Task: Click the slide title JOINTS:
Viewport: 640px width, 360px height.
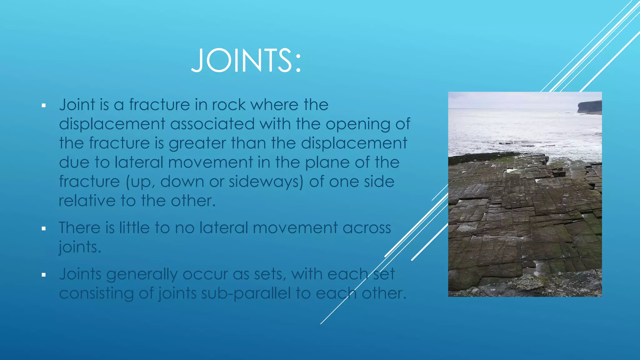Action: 246,61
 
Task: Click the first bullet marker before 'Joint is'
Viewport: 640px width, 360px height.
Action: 44,106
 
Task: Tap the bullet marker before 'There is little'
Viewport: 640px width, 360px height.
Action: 44,229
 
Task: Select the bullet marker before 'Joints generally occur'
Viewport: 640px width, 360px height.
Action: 44,275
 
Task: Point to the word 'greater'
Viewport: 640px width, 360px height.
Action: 197,143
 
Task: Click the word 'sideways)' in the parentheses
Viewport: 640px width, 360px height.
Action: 266,182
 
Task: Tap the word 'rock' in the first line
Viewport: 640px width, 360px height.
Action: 228,105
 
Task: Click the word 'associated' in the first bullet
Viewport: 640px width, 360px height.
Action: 212,124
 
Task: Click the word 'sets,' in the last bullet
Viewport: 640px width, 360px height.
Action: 270,274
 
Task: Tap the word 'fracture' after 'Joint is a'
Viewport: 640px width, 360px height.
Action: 159,105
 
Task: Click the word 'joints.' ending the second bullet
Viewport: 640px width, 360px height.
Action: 80,247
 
